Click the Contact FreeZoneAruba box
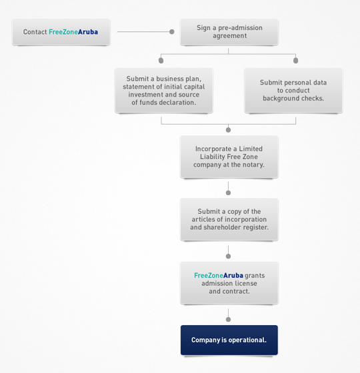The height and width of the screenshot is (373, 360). tap(61, 32)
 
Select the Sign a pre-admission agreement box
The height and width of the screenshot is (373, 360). tap(229, 32)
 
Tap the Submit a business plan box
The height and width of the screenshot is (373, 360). tap(163, 91)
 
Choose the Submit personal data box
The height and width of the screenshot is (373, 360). tap(293, 91)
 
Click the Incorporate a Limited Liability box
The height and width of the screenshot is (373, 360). tap(229, 157)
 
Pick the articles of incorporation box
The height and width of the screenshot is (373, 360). tap(229, 219)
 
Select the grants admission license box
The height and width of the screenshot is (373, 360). tap(229, 283)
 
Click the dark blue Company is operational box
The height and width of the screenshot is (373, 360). tap(229, 340)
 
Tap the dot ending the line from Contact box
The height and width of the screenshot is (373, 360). tap(172, 32)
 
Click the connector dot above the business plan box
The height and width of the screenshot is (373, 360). tap(161, 61)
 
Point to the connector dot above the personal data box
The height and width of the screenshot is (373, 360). tap(296, 61)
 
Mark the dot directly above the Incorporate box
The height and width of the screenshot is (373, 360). tap(228, 130)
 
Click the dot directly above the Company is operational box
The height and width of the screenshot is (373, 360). tap(228, 320)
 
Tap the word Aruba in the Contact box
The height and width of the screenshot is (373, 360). tap(88, 32)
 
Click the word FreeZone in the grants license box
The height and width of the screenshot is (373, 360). tap(209, 276)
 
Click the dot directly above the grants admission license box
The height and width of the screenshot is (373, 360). tap(228, 256)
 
